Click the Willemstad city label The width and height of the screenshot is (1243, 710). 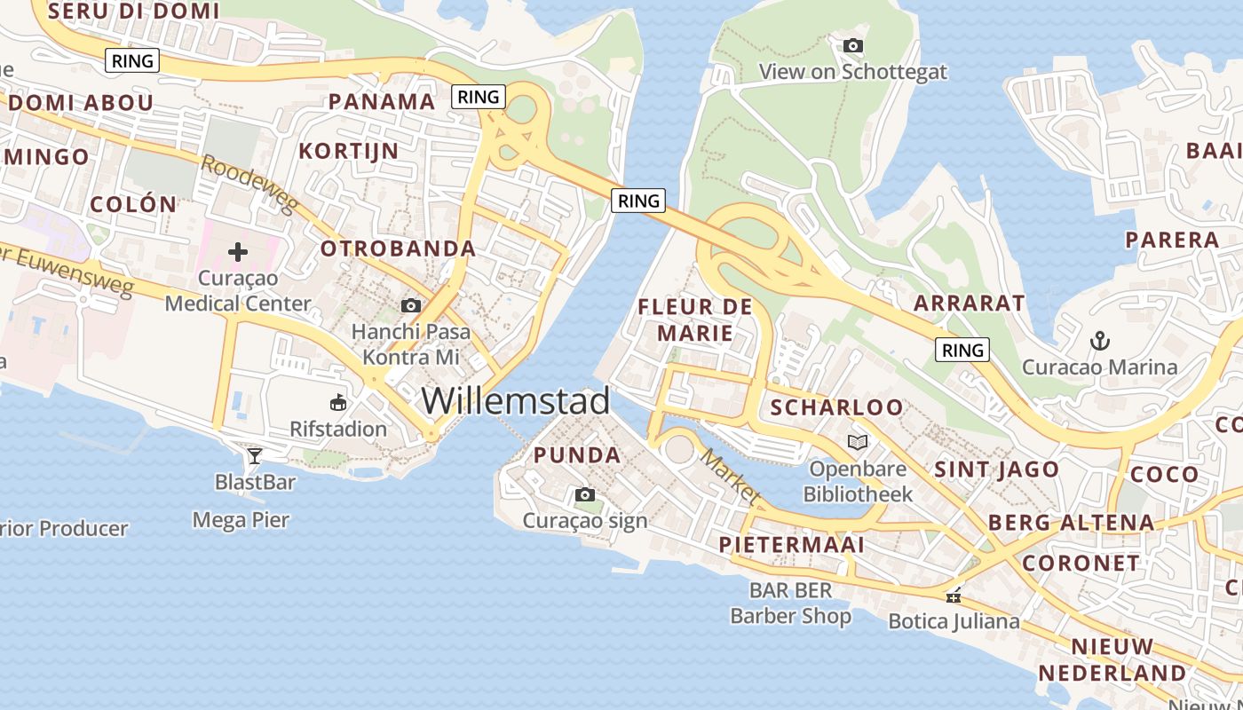(x=515, y=401)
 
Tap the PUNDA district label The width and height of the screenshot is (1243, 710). (x=577, y=455)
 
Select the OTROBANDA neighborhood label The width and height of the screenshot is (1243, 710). (x=398, y=248)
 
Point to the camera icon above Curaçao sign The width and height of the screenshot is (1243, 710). (x=585, y=494)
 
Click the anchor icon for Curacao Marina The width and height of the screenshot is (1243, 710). (x=1100, y=340)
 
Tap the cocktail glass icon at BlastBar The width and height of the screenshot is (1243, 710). (x=255, y=456)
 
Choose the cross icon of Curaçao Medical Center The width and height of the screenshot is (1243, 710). (x=238, y=252)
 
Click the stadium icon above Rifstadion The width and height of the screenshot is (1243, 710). (x=338, y=403)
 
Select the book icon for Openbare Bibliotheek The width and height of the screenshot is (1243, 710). (x=857, y=442)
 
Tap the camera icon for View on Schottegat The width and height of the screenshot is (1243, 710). (x=853, y=45)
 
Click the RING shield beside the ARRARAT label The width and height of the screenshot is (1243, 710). (x=962, y=350)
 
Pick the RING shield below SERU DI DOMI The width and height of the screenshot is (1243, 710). (x=132, y=60)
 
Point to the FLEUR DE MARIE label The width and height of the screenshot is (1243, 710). (x=695, y=320)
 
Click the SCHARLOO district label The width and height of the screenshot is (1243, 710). (x=836, y=407)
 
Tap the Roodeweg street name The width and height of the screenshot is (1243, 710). (x=249, y=184)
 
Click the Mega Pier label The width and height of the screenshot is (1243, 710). (x=241, y=519)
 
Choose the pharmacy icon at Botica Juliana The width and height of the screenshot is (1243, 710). (x=954, y=596)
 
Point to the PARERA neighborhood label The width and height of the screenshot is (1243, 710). (x=1172, y=240)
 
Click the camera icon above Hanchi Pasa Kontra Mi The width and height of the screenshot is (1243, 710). (x=410, y=305)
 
